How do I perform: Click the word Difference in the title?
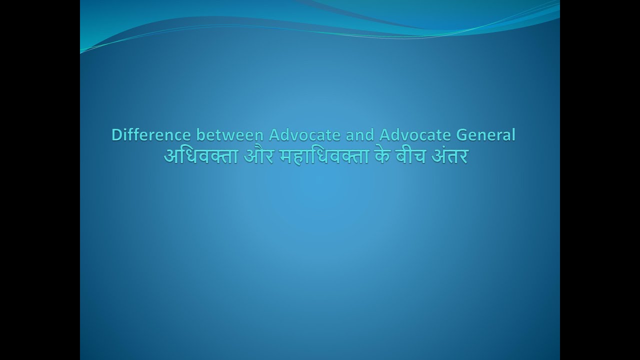pyautogui.click(x=151, y=135)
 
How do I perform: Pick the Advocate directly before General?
pyautogui.click(x=412, y=135)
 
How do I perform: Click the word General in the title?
pyautogui.click(x=485, y=135)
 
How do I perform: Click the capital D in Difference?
pyautogui.click(x=116, y=135)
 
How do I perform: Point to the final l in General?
pyautogui.click(x=513, y=135)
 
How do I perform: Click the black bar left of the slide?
pyautogui.click(x=40, y=180)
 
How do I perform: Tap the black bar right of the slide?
pyautogui.click(x=600, y=180)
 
